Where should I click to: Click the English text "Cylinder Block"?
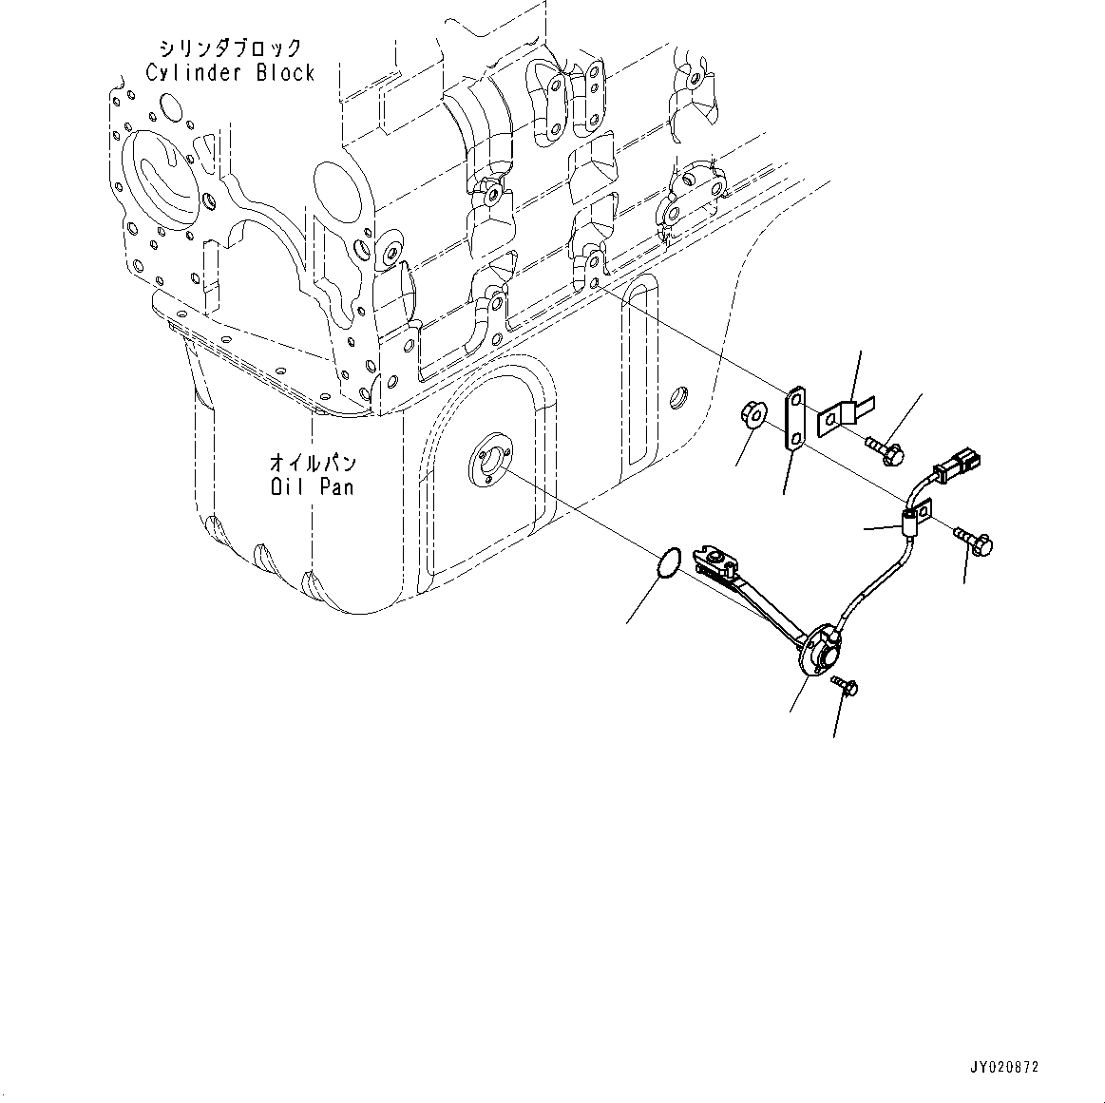coord(230,72)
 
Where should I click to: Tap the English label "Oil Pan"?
coord(312,486)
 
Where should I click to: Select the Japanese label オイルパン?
coord(312,464)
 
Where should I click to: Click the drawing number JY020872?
coord(1005,1067)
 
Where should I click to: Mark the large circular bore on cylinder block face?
coord(163,173)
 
